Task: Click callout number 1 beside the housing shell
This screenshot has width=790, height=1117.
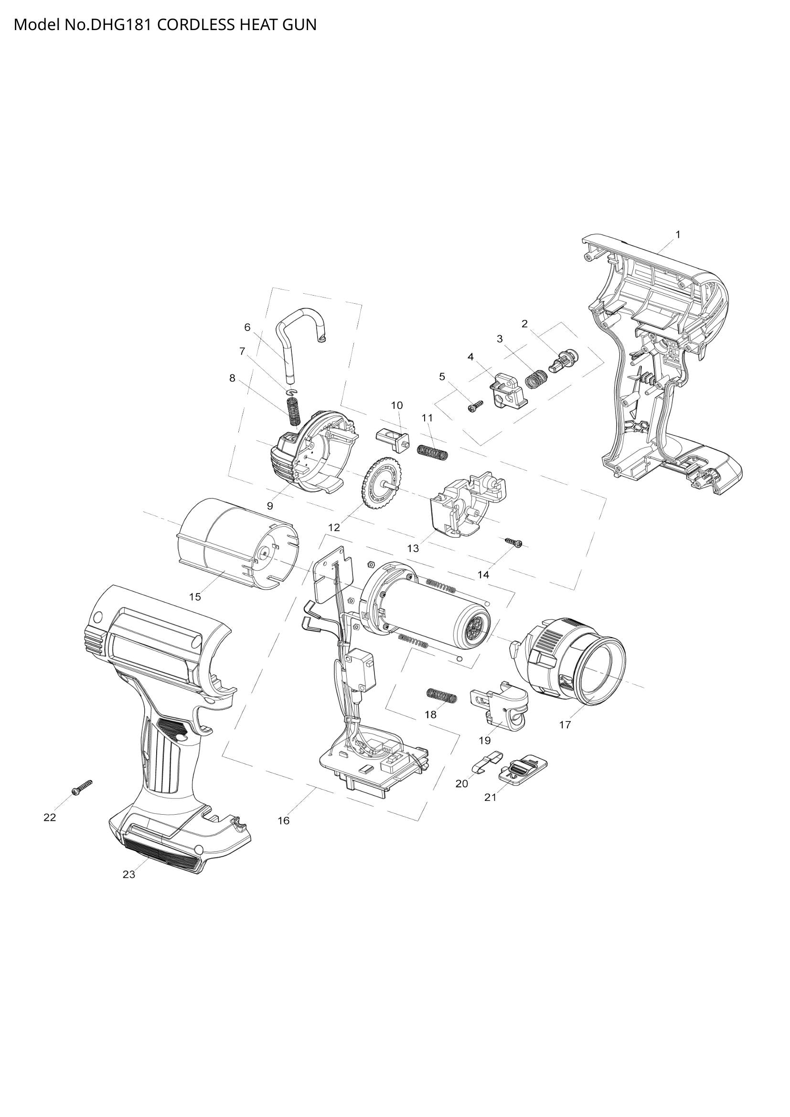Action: [x=678, y=234]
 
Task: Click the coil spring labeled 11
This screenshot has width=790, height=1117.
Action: [x=432, y=452]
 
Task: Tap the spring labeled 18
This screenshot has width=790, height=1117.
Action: [x=442, y=696]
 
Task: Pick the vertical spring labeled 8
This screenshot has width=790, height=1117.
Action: [x=294, y=411]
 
